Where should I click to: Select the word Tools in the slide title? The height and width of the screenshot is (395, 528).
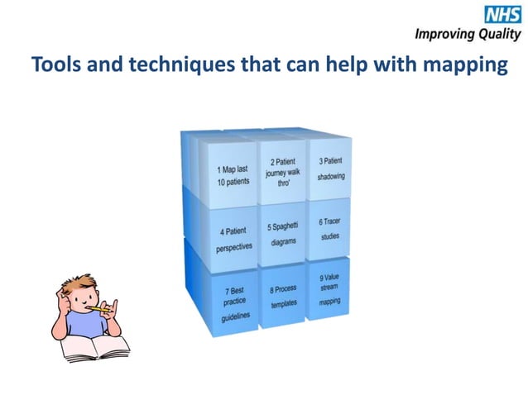click(x=55, y=65)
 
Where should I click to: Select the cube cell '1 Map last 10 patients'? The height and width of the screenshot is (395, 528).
click(x=226, y=174)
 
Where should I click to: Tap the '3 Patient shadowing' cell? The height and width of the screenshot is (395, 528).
click(x=330, y=170)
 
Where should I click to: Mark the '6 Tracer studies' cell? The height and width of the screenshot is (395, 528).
click(x=330, y=230)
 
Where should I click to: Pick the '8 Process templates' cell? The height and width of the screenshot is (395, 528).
click(x=282, y=297)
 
